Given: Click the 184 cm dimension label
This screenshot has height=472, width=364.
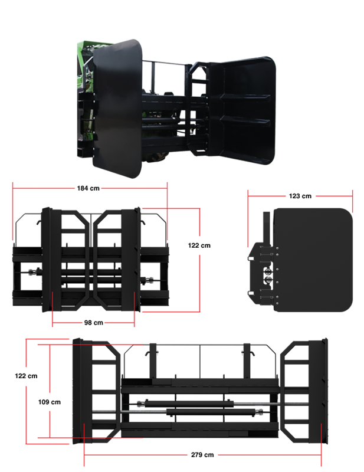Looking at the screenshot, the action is tap(88, 188).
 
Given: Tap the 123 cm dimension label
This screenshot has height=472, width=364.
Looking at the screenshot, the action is tap(300, 196).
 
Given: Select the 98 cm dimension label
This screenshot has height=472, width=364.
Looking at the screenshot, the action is tap(94, 323).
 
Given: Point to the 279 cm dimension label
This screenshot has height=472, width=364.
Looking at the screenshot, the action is tap(202, 455).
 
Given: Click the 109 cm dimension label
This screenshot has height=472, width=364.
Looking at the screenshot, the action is tap(50, 402).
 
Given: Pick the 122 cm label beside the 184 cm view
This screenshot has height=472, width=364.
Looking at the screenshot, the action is tap(199, 245).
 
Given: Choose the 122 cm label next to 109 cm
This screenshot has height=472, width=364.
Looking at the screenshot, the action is tap(26, 376).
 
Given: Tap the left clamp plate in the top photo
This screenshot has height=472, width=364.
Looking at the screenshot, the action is tap(117, 109).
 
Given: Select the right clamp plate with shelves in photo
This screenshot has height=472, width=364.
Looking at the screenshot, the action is tap(242, 110).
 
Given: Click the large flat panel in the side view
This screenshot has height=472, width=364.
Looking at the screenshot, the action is tap(313, 260).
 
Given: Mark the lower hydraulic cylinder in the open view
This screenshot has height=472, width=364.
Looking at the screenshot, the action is tap(214, 412).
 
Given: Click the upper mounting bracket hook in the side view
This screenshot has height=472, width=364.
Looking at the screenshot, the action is tap(251, 258).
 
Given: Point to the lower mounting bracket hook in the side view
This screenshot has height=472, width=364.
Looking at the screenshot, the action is tap(251, 293).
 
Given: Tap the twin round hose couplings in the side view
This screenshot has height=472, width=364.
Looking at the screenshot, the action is tap(267, 276).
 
